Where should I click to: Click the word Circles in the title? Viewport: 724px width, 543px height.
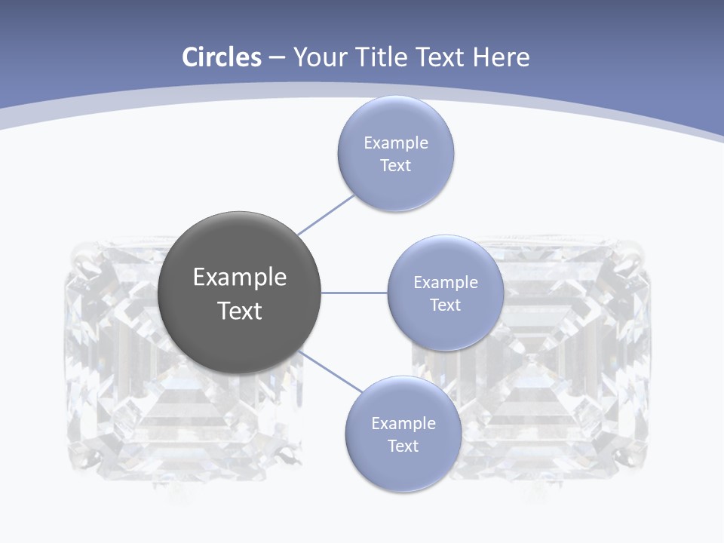pos(222,57)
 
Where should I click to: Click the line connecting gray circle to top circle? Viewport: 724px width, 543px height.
pos(327,215)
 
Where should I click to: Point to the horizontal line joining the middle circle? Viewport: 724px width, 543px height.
pos(354,293)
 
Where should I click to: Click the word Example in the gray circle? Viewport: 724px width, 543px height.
pos(240,278)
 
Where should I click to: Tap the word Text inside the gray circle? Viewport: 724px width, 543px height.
pos(240,311)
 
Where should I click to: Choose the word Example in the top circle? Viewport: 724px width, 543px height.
pos(396,143)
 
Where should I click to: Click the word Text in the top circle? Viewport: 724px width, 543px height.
pos(396,166)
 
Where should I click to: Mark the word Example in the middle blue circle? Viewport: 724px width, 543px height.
pos(446,283)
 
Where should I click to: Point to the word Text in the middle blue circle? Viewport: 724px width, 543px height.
pos(446,305)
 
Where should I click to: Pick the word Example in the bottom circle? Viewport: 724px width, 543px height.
pos(403,424)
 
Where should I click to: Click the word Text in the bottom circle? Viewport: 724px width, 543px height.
pos(403,446)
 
